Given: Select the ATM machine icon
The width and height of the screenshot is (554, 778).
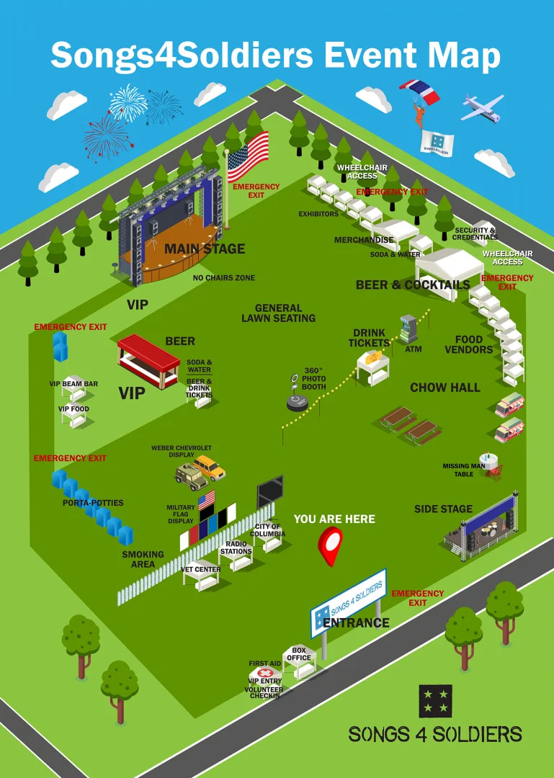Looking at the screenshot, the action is pyautogui.click(x=408, y=328).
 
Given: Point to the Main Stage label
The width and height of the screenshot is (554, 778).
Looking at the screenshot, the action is pyautogui.click(x=205, y=249).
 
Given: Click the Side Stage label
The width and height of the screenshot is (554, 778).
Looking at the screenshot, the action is pyautogui.click(x=443, y=509).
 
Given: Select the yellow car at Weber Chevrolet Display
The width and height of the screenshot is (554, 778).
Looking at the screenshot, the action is pyautogui.click(x=210, y=467).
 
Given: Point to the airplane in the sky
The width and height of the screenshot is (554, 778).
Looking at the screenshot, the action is pyautogui.click(x=482, y=107).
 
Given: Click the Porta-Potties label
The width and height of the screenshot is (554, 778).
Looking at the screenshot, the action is pyautogui.click(x=93, y=503).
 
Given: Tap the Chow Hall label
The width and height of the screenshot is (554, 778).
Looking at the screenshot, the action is pyautogui.click(x=444, y=388).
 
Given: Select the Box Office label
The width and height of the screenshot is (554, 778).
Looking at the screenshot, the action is pyautogui.click(x=299, y=654).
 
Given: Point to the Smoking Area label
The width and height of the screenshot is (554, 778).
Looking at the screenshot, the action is pyautogui.click(x=143, y=559).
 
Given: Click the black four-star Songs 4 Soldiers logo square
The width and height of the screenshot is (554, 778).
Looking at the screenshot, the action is pyautogui.click(x=435, y=701).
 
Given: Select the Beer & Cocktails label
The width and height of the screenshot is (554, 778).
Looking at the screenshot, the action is pyautogui.click(x=412, y=285).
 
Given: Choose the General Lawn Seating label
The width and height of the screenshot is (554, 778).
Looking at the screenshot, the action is pyautogui.click(x=278, y=313).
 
